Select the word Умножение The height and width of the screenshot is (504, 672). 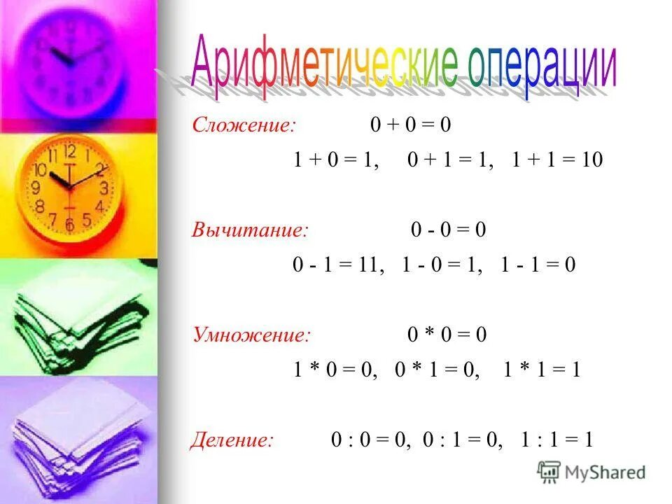251,335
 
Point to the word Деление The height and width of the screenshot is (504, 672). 232,440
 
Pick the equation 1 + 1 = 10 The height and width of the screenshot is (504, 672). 556,160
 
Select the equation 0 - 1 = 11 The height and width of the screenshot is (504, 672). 338,265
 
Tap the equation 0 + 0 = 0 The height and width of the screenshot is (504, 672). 411,126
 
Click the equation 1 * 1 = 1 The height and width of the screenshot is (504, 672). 542,370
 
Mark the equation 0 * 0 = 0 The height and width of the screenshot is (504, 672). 447,335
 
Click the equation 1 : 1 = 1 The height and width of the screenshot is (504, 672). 557,440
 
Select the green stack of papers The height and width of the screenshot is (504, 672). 77,315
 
